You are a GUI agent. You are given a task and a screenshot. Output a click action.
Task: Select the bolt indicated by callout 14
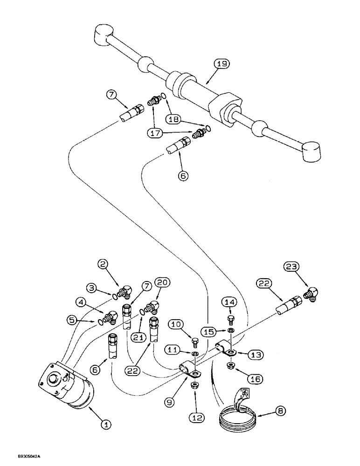click(x=230, y=320)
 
